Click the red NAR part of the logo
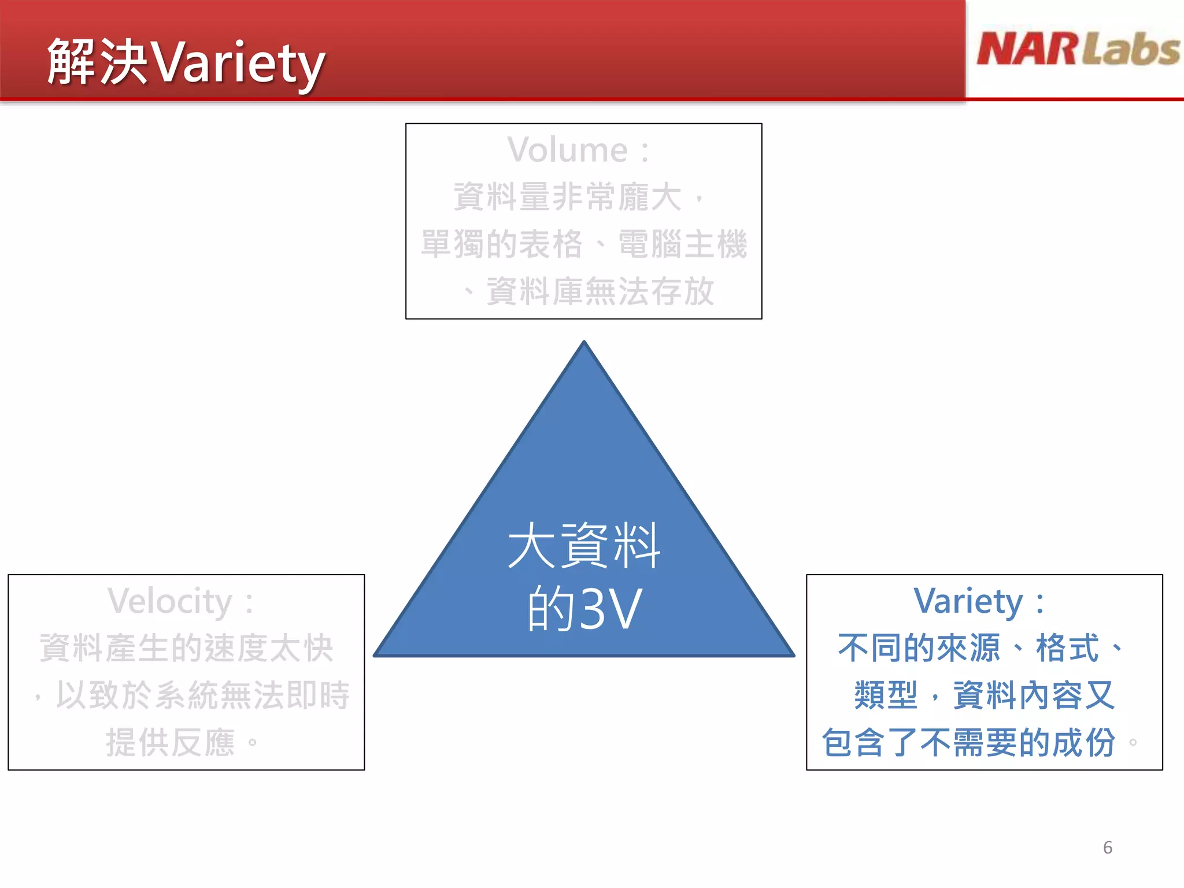click(x=1027, y=49)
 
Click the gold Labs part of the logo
click(x=1131, y=49)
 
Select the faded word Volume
click(x=568, y=150)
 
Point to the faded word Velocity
click(x=170, y=601)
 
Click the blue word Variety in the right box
click(x=968, y=601)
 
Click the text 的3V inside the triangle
click(x=584, y=609)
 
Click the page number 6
click(x=1107, y=848)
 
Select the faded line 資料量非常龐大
click(x=568, y=197)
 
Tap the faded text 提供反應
click(x=170, y=742)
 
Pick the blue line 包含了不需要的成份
click(x=968, y=742)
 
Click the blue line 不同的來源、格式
click(x=968, y=648)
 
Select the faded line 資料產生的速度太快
click(x=186, y=648)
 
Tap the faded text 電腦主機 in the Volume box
click(x=682, y=244)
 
